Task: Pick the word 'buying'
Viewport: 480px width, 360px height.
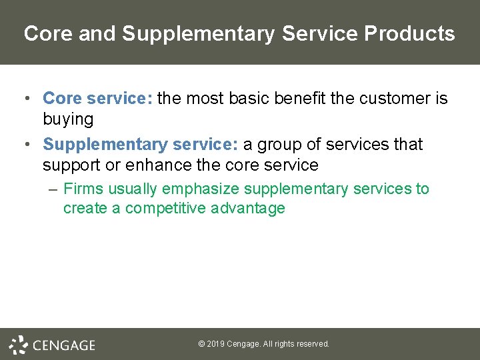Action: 68,119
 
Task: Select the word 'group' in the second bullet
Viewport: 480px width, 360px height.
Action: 281,144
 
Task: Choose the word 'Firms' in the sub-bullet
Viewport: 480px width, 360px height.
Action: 83,189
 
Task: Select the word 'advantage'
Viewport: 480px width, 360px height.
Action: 248,208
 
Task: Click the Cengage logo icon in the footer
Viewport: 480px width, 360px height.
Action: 19,345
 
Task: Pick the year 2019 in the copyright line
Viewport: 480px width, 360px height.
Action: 215,344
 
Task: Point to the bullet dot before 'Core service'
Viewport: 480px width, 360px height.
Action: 25,99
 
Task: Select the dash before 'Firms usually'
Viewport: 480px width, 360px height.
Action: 53,189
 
